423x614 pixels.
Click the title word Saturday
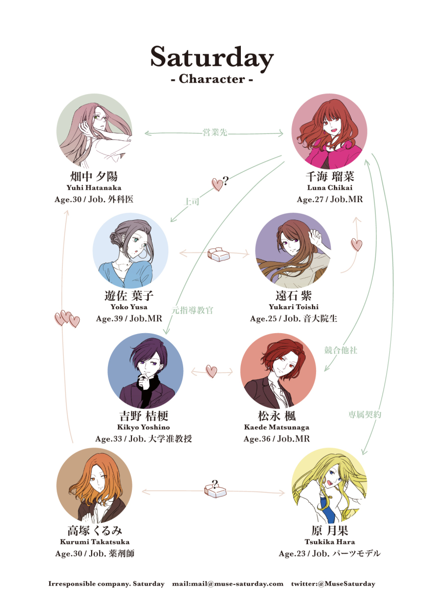[x=212, y=58]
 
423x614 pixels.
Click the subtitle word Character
[x=212, y=79]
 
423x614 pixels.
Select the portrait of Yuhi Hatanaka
[x=94, y=131]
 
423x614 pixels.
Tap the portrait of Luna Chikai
[x=329, y=131]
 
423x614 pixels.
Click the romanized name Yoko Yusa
[x=129, y=307]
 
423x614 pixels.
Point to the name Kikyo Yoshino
[x=143, y=427]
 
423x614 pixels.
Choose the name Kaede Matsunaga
[x=276, y=427]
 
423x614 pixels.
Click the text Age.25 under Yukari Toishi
[x=263, y=319]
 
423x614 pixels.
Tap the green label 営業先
[x=215, y=132]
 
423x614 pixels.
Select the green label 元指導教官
[x=192, y=310]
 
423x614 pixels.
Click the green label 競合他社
[x=340, y=350]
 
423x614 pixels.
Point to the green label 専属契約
[x=364, y=415]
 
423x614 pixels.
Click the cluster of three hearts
[x=67, y=319]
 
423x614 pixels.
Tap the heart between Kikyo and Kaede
[x=211, y=371]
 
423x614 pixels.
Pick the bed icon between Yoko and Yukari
[x=218, y=254]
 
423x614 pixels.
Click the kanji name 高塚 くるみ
[x=95, y=531]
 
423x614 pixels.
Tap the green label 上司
[x=191, y=202]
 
